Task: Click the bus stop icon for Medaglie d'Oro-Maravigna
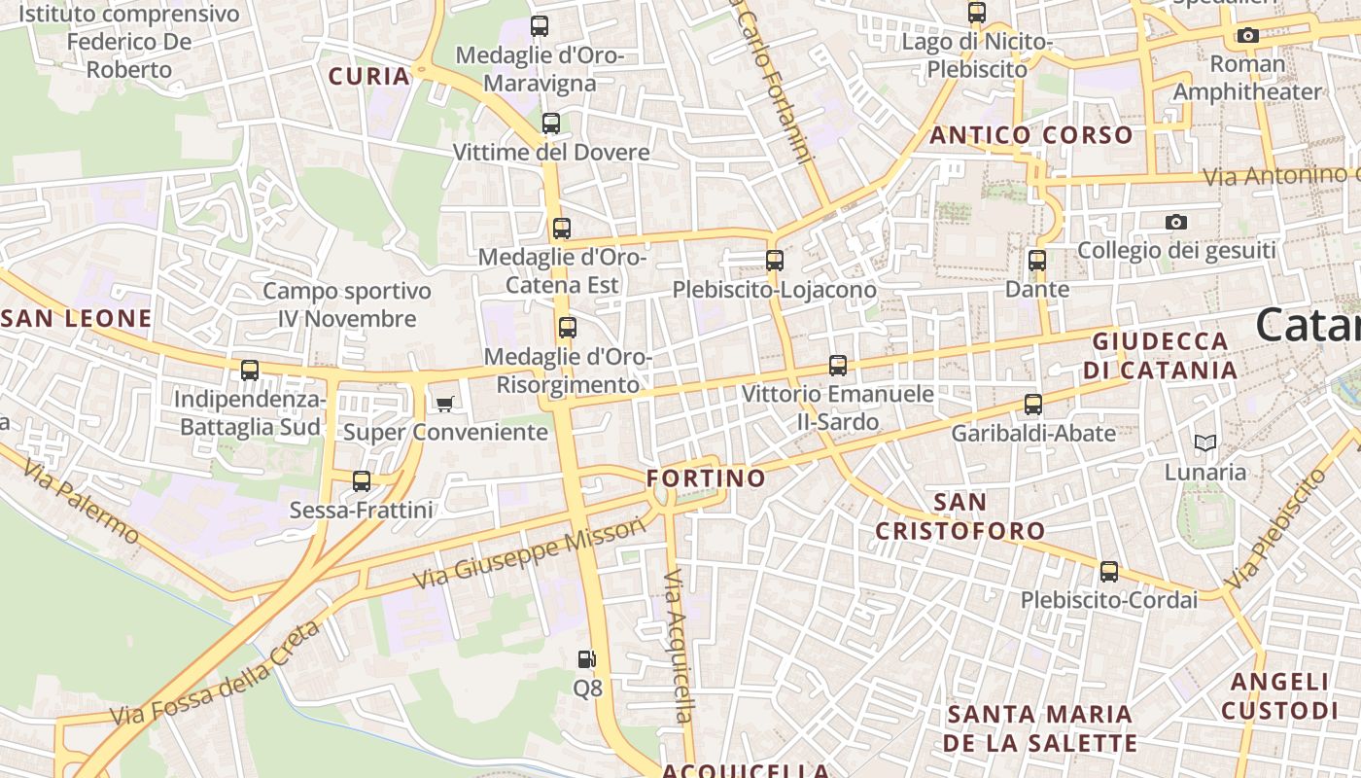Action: click(x=540, y=26)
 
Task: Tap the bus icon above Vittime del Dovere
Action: click(x=551, y=124)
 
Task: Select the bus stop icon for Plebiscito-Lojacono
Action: click(x=775, y=261)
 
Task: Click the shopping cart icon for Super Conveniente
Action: click(x=445, y=404)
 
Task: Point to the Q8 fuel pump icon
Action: click(x=586, y=659)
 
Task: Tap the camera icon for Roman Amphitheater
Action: click(x=1248, y=36)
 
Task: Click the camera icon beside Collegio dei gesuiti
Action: click(x=1176, y=222)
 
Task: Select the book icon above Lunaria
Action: click(x=1205, y=443)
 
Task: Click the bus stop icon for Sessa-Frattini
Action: click(x=362, y=480)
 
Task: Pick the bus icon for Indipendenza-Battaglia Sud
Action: click(x=250, y=371)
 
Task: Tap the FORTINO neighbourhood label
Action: click(x=707, y=478)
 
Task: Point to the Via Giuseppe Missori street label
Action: click(x=530, y=552)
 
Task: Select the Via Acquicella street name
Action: click(x=679, y=647)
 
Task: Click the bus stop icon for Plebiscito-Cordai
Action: click(x=1109, y=572)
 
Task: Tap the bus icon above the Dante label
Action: click(x=1037, y=261)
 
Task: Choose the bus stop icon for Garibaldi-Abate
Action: click(x=1033, y=405)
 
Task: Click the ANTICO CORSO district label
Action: click(x=1031, y=135)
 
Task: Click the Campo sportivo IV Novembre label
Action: click(x=347, y=304)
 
